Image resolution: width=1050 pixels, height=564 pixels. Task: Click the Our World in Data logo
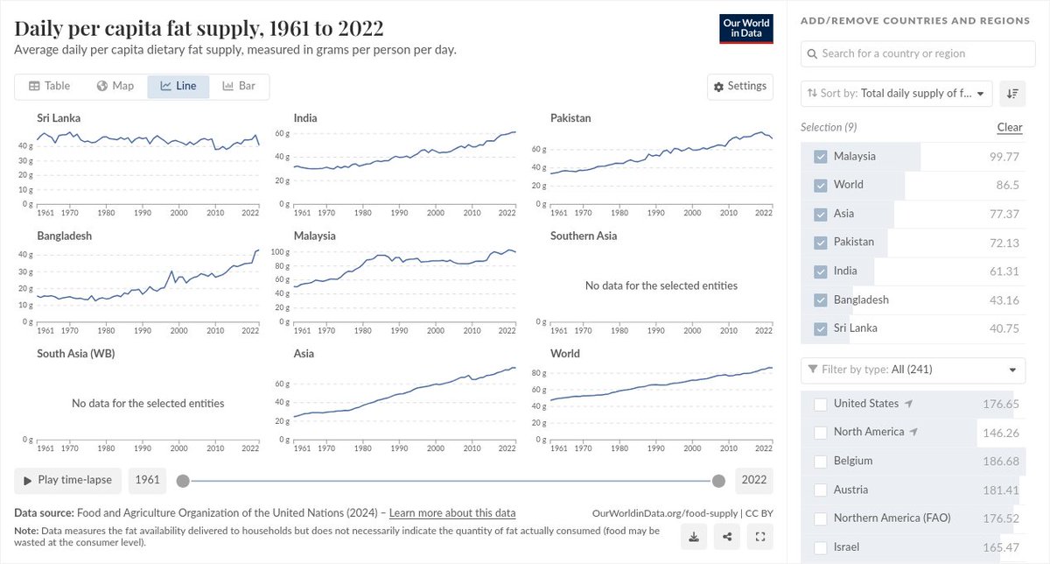click(x=746, y=29)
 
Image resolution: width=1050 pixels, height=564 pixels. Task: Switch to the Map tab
click(x=115, y=86)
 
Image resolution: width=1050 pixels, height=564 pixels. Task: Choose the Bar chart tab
click(x=239, y=86)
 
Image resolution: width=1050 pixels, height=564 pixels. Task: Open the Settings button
click(x=739, y=86)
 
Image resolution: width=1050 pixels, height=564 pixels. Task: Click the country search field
click(x=918, y=53)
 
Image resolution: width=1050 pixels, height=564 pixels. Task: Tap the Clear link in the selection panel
click(x=1009, y=127)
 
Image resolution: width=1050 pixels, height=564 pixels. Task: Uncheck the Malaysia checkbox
click(x=821, y=157)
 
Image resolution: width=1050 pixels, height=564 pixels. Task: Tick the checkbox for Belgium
click(x=821, y=461)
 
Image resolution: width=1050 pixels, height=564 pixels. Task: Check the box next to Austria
click(x=821, y=490)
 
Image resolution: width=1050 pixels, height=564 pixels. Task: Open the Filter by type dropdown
click(x=913, y=370)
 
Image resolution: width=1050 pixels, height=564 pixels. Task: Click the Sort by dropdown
click(x=897, y=93)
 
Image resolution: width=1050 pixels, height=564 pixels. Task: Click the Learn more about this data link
click(x=452, y=513)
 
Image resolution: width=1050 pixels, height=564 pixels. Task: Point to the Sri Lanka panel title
click(x=59, y=117)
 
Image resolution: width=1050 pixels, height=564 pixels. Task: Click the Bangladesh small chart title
click(x=64, y=236)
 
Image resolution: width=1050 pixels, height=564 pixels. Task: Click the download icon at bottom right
click(x=692, y=537)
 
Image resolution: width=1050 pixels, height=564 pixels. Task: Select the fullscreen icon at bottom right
click(x=759, y=537)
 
